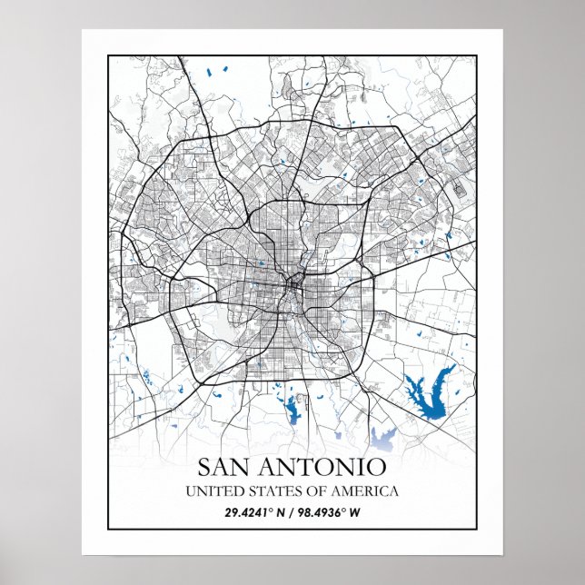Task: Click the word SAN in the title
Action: point(227,469)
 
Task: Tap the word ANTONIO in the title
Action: point(323,469)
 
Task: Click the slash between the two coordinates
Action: point(293,512)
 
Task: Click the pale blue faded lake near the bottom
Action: point(382,438)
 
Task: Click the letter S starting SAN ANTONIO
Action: point(204,469)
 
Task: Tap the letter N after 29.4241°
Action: point(282,512)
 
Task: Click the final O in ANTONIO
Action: point(377,469)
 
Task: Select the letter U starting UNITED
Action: point(189,491)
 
